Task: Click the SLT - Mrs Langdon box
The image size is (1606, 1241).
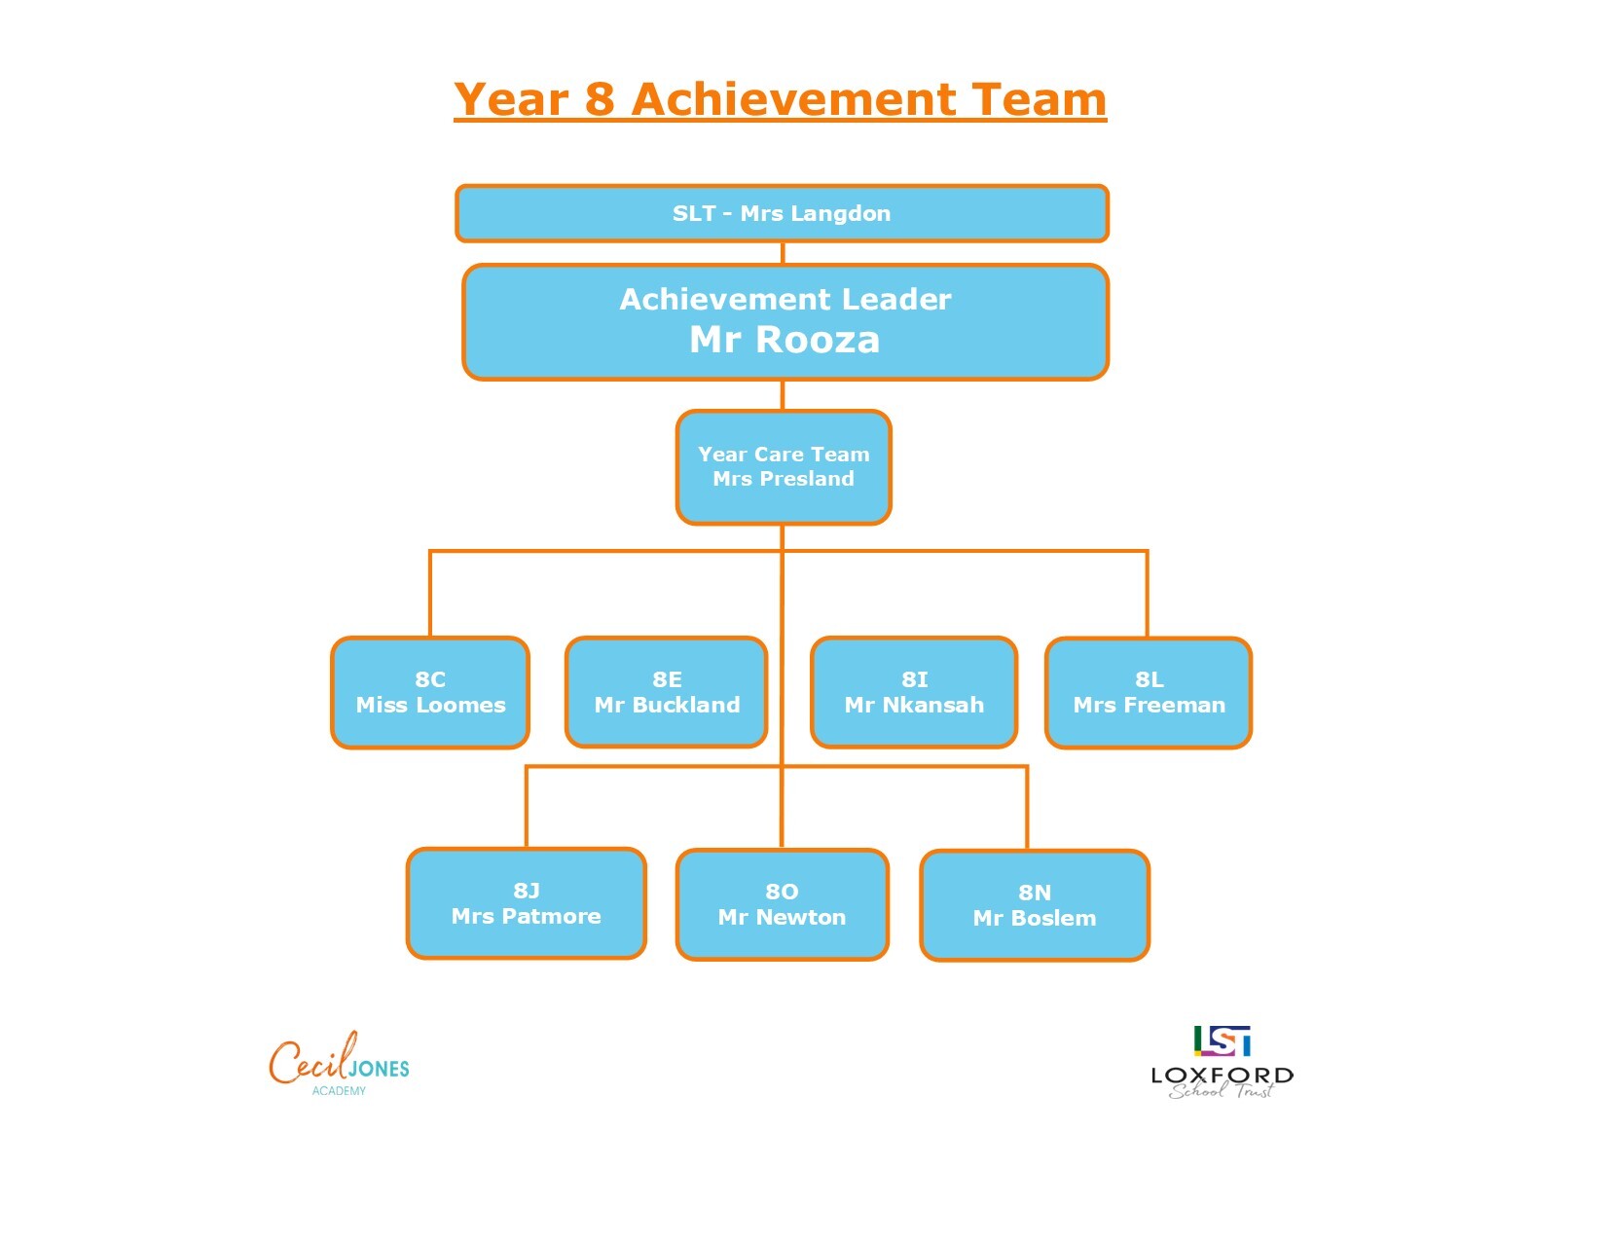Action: coord(782,213)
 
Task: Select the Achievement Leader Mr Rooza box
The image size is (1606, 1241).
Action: coord(785,322)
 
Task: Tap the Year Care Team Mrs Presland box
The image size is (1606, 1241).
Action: coord(783,467)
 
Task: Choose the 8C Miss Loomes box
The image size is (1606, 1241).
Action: coord(430,693)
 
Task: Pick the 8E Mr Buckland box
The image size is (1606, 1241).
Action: coord(666,692)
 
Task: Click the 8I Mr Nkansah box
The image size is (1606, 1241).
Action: coord(914,692)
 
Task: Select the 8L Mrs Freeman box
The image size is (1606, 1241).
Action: coord(1148,693)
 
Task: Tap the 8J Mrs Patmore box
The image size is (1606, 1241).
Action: coord(527,903)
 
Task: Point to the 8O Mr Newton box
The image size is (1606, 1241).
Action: coord(782,904)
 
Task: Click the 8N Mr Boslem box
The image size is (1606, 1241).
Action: coord(1034,905)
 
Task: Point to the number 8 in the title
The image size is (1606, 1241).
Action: coord(600,99)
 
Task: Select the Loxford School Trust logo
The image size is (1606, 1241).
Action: coord(1222,1062)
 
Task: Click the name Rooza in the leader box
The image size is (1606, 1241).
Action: coord(818,340)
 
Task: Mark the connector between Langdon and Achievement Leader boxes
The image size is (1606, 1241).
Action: coord(783,253)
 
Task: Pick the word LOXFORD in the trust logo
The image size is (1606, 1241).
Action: coord(1222,1075)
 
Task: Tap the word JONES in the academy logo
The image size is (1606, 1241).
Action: coord(380,1069)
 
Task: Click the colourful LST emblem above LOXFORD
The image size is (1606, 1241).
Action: coord(1222,1040)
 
